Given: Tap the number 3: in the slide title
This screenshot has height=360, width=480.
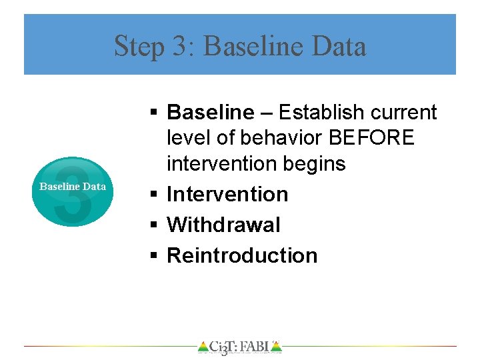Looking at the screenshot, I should point(179,47).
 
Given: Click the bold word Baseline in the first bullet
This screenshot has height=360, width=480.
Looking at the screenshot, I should point(210,113).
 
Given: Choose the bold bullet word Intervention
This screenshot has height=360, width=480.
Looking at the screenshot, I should point(227,194).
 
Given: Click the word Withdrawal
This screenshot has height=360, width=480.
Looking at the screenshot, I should point(223,225).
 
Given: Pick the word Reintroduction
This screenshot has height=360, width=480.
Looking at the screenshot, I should point(242,255).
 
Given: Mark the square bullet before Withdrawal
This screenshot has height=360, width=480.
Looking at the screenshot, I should point(153,225).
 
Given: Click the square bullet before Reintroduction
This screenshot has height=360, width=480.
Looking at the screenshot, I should point(153,256).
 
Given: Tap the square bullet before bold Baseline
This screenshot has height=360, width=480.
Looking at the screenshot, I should point(153,113).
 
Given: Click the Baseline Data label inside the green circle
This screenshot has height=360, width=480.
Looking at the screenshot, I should point(73,187).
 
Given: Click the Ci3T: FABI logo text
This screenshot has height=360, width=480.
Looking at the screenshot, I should point(240,347).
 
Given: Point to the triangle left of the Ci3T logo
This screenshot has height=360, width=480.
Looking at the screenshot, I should point(203,346).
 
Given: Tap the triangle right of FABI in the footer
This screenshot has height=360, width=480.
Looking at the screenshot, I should point(277,346).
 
